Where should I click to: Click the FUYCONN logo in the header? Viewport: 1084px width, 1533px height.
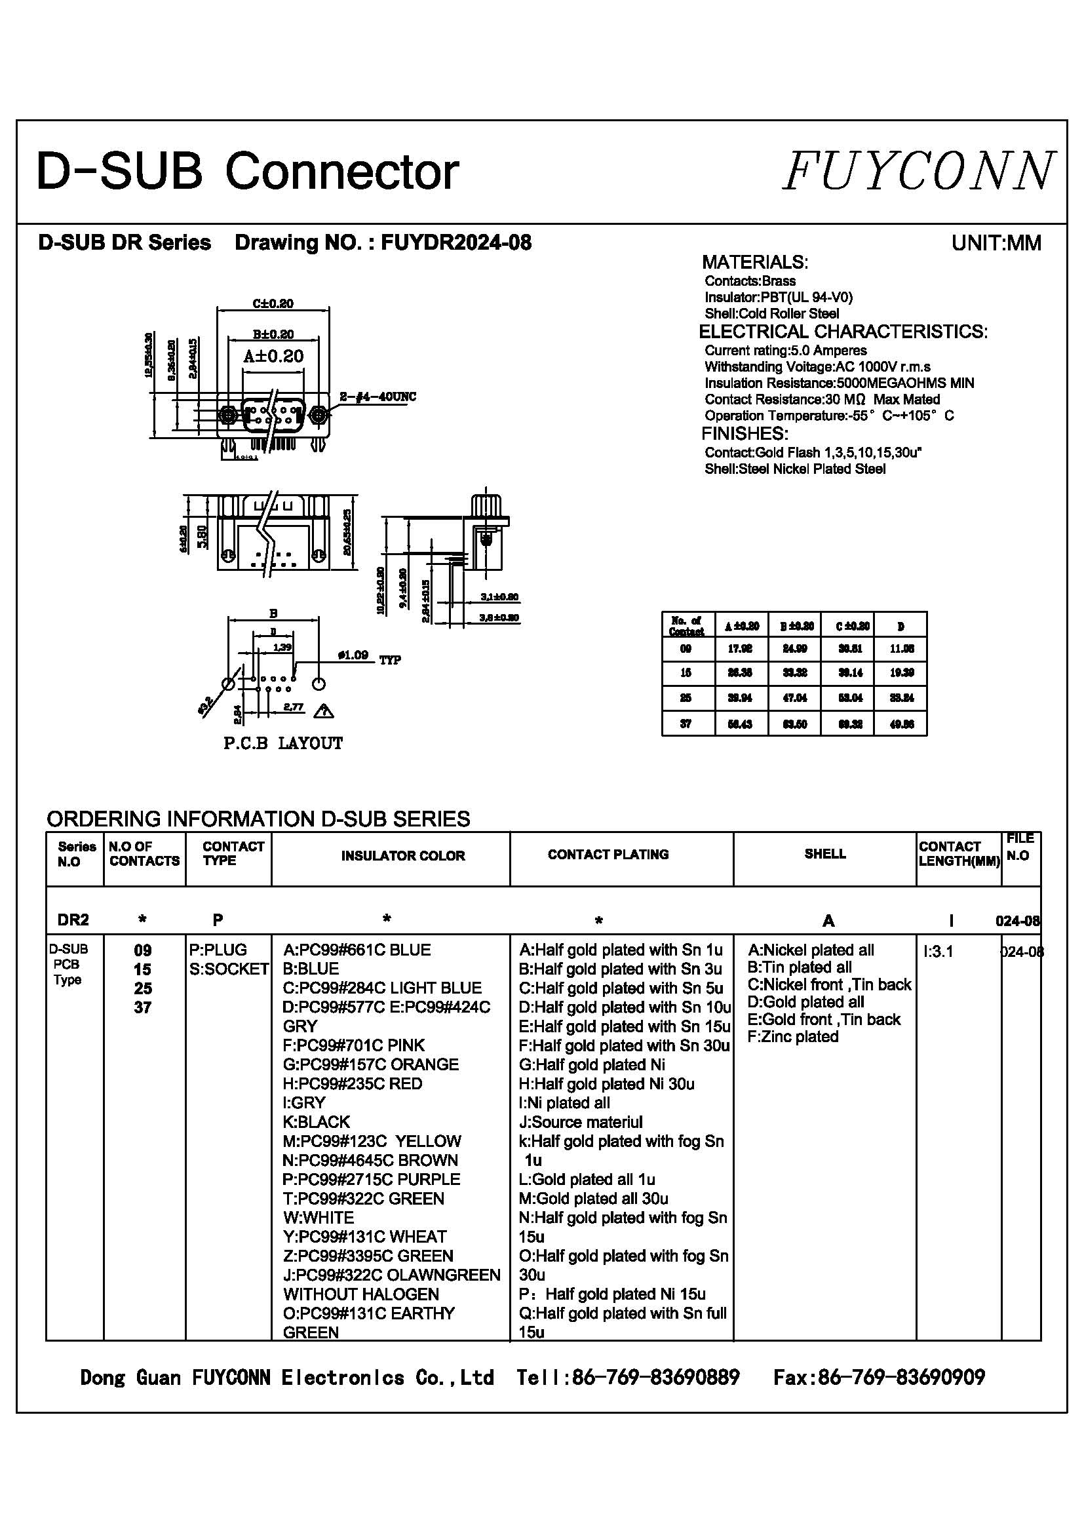(x=918, y=171)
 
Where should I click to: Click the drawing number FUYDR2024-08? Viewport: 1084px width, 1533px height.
(x=456, y=243)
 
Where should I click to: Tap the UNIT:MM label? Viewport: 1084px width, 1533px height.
(x=996, y=243)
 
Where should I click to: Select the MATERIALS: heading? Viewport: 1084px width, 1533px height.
(x=754, y=262)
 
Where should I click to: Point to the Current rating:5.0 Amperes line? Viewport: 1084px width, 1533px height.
(x=785, y=351)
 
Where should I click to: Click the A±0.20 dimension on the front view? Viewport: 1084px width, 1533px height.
(x=273, y=356)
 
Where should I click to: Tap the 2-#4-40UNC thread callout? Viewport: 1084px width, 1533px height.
(x=377, y=397)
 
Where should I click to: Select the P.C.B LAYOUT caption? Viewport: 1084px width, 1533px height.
(x=283, y=743)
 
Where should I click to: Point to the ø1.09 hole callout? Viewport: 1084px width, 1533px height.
(x=353, y=655)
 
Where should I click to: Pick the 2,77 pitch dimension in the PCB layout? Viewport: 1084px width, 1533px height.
(x=294, y=707)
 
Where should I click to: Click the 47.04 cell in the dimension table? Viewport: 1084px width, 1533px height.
(x=794, y=698)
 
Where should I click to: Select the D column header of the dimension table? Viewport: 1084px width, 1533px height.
(x=900, y=626)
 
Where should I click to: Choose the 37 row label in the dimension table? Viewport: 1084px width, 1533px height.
(x=686, y=724)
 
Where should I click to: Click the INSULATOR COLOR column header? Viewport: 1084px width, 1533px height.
(x=402, y=856)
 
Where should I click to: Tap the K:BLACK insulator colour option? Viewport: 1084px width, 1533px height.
(x=317, y=1121)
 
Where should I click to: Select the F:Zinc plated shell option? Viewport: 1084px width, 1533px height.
(x=792, y=1037)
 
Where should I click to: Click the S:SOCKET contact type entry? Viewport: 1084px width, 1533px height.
(x=228, y=969)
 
